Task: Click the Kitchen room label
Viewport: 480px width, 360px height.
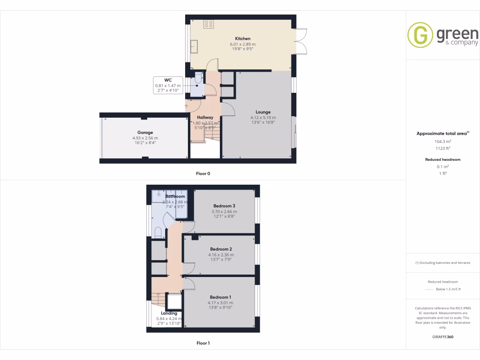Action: (x=242, y=38)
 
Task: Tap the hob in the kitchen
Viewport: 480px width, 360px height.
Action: (x=209, y=24)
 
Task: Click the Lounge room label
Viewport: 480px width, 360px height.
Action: (x=263, y=112)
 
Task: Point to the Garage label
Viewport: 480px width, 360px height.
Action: (x=145, y=133)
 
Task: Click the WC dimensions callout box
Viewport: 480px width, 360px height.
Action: (x=167, y=85)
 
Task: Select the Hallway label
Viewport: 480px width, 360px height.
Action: (x=205, y=118)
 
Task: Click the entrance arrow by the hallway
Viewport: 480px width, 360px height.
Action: (x=187, y=106)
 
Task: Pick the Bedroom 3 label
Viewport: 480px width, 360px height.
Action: (x=224, y=206)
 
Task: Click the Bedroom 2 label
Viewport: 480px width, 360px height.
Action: (x=221, y=249)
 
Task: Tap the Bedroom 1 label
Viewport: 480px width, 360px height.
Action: (x=220, y=297)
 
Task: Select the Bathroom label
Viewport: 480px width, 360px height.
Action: (x=175, y=196)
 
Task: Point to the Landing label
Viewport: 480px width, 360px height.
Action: (x=169, y=313)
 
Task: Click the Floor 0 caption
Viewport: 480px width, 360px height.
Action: (x=203, y=173)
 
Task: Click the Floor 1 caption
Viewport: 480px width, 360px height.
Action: (x=203, y=343)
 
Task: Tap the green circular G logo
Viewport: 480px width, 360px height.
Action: (x=420, y=35)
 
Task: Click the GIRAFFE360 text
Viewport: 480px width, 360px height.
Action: (x=443, y=337)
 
